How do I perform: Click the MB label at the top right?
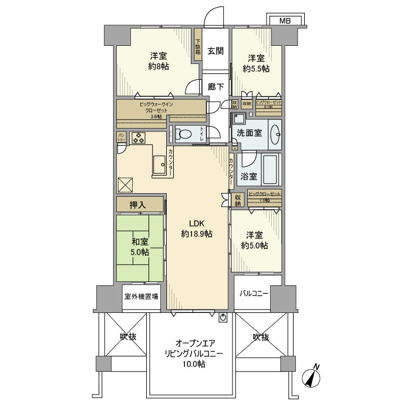pos(285,21)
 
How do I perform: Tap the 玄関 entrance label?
pos(215,50)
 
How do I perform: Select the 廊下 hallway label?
pos(215,87)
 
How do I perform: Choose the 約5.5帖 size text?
pos(256,69)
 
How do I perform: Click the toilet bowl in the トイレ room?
pos(184,134)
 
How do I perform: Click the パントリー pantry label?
pos(122,138)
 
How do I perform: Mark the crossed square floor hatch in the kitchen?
pos(126,185)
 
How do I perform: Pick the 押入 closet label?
pos(139,204)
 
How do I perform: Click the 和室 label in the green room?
pos(139,241)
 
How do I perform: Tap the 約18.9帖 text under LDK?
pos(197,234)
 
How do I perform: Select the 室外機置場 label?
pos(141,297)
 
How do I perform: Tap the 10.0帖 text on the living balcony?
pos(193,364)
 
